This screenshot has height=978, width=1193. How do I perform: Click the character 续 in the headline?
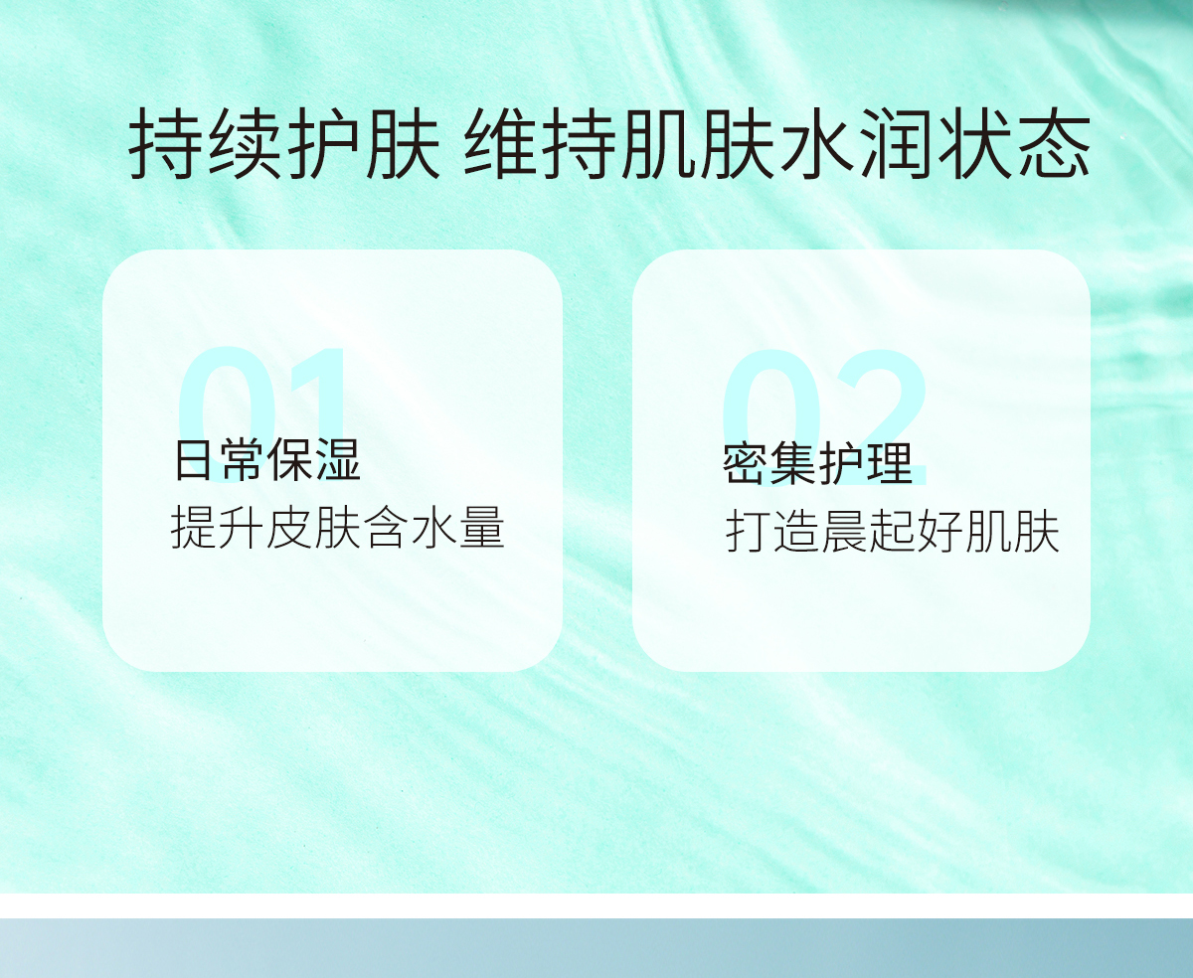click(245, 143)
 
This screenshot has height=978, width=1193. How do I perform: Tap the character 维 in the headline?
click(502, 143)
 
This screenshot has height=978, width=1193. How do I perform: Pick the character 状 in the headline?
click(977, 143)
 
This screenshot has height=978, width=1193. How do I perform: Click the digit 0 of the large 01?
click(228, 414)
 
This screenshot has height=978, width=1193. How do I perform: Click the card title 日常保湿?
click(267, 460)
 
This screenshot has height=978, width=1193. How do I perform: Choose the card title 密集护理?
click(818, 464)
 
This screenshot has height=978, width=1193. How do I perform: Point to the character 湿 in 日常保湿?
click(339, 460)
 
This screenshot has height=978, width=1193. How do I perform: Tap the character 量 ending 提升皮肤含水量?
click(482, 527)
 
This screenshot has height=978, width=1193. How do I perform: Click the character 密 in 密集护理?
click(746, 464)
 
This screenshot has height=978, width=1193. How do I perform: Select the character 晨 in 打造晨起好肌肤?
click(845, 532)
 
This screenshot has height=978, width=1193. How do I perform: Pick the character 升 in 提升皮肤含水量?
click(241, 527)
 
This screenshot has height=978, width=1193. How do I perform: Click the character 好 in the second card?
click(940, 532)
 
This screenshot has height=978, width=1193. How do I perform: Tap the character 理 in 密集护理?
click(891, 464)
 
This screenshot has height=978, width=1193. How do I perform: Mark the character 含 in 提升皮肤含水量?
click(386, 527)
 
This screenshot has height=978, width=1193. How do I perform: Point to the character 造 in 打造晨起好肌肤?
click(797, 532)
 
